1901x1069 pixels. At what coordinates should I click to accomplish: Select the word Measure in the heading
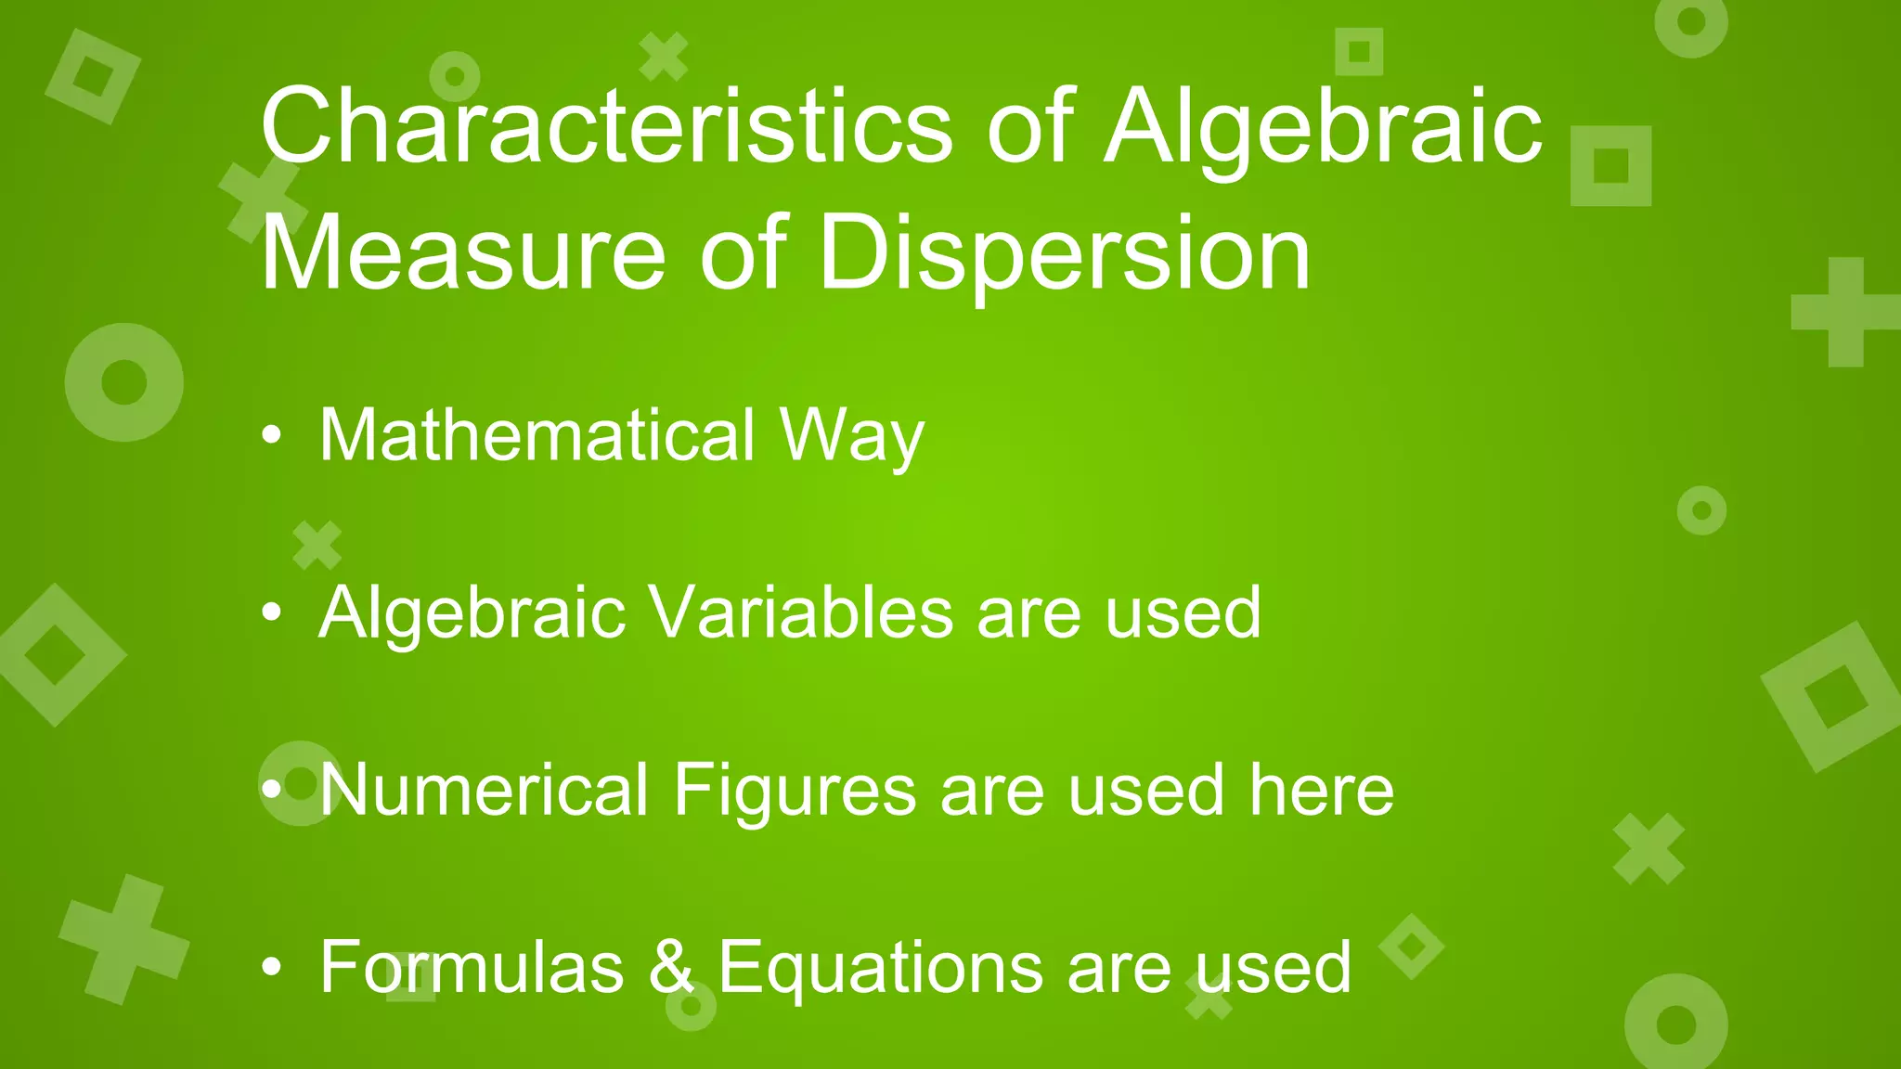[x=462, y=252]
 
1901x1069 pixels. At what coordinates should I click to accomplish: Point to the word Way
[x=851, y=436]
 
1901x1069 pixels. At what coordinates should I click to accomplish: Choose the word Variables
[x=800, y=612]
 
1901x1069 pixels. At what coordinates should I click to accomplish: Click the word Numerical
[x=483, y=790]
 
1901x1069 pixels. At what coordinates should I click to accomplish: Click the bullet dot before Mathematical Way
[x=271, y=435]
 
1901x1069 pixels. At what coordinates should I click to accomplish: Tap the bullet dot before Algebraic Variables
[x=271, y=612]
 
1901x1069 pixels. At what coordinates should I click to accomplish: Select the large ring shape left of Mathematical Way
[x=123, y=382]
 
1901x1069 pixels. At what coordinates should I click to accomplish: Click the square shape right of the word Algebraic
[x=1610, y=166]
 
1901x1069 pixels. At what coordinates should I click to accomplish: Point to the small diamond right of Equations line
[x=1411, y=947]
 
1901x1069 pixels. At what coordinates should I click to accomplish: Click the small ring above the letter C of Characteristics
[x=454, y=75]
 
